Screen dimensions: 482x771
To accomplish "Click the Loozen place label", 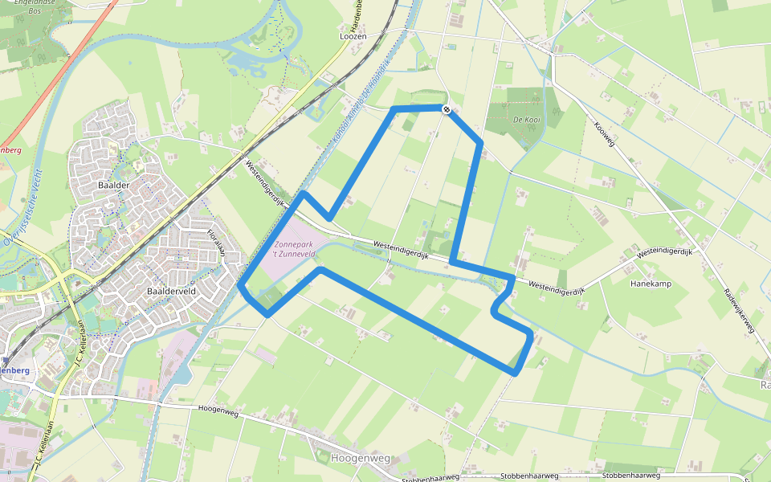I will [353, 37].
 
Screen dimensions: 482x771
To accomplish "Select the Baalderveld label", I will [173, 290].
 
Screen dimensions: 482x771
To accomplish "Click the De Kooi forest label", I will [526, 120].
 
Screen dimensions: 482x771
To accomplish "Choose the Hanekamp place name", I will [651, 284].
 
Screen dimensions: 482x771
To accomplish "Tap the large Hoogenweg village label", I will [360, 458].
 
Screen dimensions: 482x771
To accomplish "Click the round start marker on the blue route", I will [446, 108].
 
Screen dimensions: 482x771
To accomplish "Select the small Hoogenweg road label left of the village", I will [217, 411].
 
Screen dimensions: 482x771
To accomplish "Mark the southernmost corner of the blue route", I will [515, 372].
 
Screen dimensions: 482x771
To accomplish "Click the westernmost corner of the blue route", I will [241, 286].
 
